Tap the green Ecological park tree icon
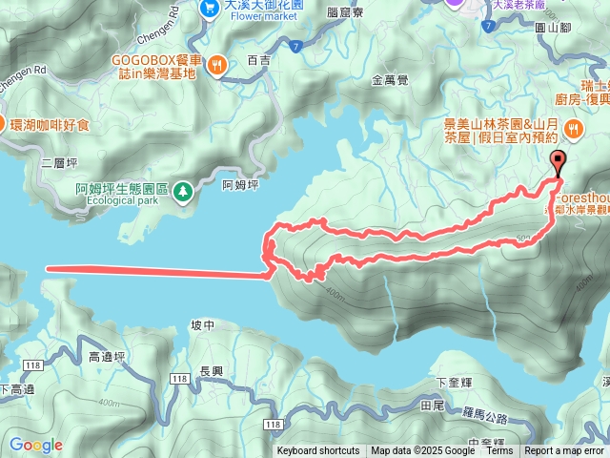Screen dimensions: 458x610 pyautogui.click(x=181, y=192)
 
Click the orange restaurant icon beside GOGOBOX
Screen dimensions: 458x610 pyautogui.click(x=218, y=65)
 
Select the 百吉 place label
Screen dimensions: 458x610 pyautogui.click(x=258, y=59)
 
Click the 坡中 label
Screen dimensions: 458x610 pyautogui.click(x=202, y=325)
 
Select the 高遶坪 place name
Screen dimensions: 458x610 pyautogui.click(x=107, y=357)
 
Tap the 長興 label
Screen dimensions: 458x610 pyautogui.click(x=212, y=370)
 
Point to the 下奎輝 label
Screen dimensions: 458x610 pyautogui.click(x=453, y=383)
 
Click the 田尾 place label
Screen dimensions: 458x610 pyautogui.click(x=433, y=406)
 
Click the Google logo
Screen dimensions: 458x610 pyautogui.click(x=35, y=445)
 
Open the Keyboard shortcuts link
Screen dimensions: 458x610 pyautogui.click(x=318, y=451)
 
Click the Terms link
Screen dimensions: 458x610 pyautogui.click(x=498, y=451)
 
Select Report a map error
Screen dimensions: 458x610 pyautogui.click(x=564, y=451)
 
